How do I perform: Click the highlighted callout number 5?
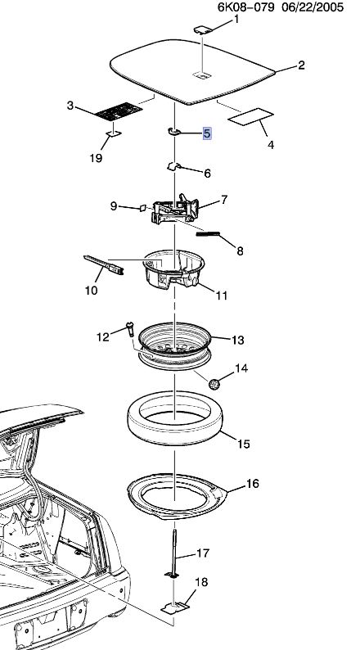(x=207, y=133)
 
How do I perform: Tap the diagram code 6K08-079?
(x=245, y=7)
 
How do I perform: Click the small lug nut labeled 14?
(x=214, y=383)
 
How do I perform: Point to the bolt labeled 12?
(x=130, y=329)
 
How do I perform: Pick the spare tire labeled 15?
(x=174, y=418)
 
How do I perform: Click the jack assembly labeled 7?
(x=175, y=210)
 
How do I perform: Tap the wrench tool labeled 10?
(x=104, y=265)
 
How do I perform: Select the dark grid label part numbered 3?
(x=119, y=112)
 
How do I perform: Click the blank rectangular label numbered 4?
(x=250, y=116)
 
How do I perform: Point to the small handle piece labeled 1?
(x=203, y=29)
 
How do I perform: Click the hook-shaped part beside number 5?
(x=173, y=132)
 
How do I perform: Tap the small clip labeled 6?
(x=173, y=166)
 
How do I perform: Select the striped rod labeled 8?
(x=208, y=234)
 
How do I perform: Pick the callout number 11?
(x=222, y=296)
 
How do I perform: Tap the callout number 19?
(x=96, y=158)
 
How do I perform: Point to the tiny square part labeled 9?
(x=142, y=208)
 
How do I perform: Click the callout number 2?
(x=301, y=65)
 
